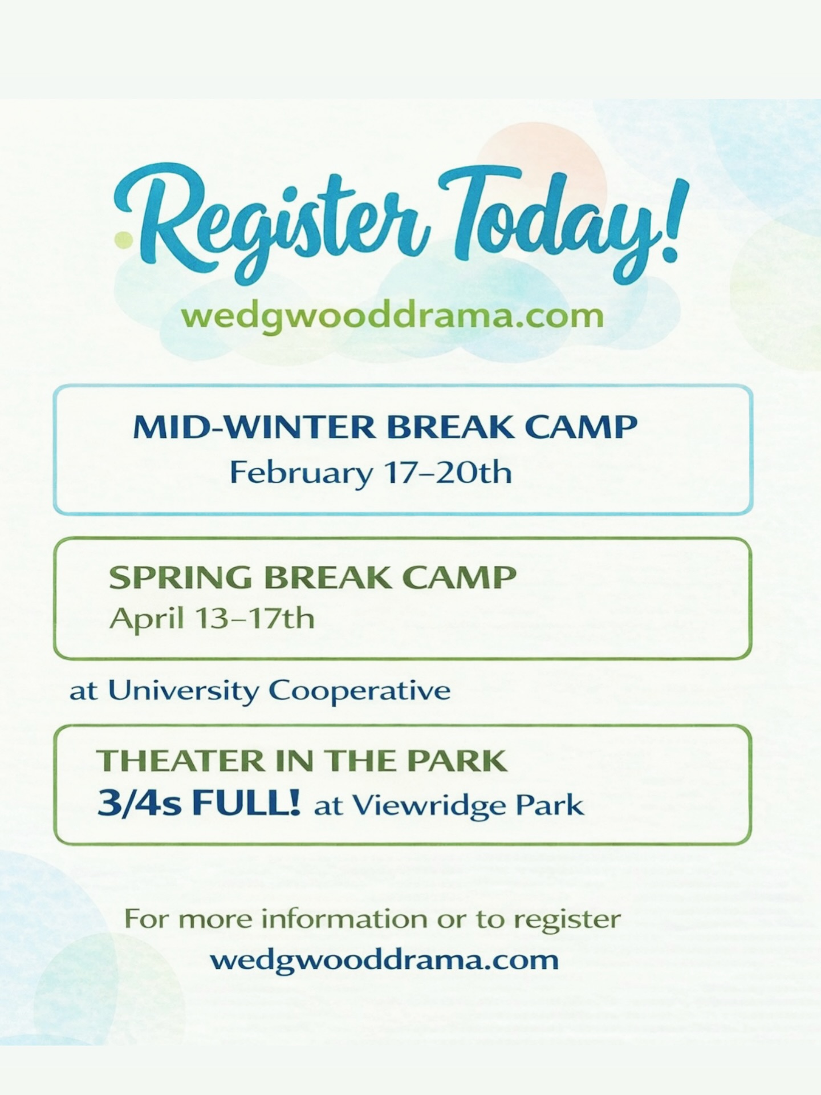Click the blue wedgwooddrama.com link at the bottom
[x=384, y=960]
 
